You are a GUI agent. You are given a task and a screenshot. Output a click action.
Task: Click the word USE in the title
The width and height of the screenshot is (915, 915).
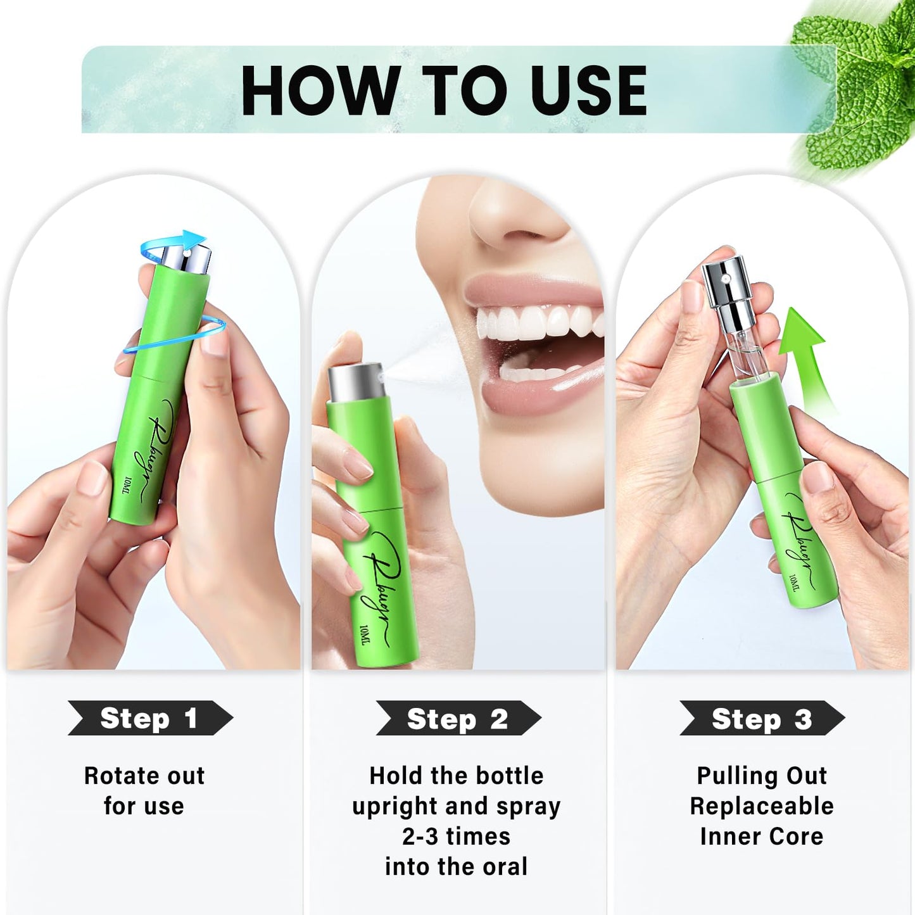pos(588,91)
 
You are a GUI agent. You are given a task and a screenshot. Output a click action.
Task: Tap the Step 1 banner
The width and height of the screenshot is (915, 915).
pos(150,718)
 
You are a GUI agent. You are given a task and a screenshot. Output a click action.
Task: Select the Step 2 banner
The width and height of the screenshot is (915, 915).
pos(458,719)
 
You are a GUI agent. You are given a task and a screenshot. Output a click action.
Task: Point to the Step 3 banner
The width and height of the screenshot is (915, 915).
pos(762,719)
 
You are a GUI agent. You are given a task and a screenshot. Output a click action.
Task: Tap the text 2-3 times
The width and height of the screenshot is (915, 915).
pos(456,836)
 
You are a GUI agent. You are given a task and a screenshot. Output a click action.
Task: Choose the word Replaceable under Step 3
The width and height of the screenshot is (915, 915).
pos(762,806)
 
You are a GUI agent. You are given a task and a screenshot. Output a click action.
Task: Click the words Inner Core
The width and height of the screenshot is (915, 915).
pos(762,836)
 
